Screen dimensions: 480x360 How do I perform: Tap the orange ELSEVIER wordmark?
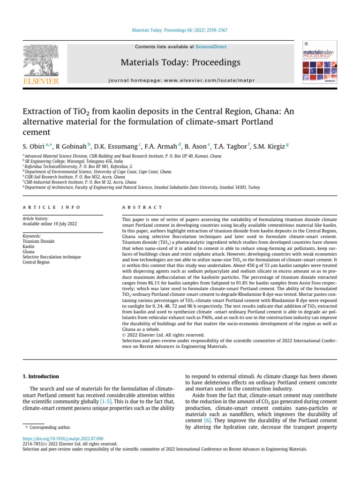point(41,82)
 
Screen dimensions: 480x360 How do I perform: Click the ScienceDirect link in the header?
point(211,47)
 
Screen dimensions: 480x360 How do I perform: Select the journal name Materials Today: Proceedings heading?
point(180,62)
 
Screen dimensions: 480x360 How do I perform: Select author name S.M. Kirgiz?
point(270,146)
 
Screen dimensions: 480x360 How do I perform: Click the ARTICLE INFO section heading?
point(52,207)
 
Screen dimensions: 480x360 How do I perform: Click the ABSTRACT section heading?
point(142,207)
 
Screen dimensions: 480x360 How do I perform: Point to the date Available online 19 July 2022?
point(49,224)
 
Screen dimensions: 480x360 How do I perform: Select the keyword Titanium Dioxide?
point(38,241)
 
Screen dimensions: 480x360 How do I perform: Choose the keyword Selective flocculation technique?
point(52,257)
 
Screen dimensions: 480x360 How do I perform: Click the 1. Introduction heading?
point(41,376)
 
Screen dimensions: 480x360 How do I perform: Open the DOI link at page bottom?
point(63,438)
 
